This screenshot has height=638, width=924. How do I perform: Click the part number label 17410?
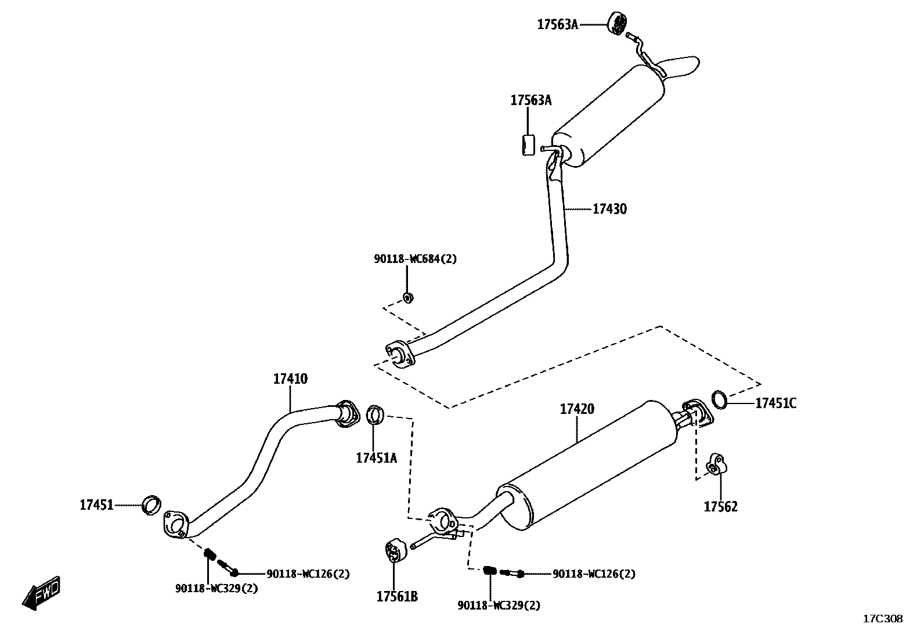tap(290, 379)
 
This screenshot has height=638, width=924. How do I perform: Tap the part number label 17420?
tap(577, 409)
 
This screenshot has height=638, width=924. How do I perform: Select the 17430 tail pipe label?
tap(609, 209)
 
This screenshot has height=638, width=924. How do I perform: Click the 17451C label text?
tap(775, 403)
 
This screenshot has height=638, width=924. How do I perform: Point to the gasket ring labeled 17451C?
tap(719, 399)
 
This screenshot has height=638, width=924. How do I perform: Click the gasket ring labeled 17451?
tap(151, 505)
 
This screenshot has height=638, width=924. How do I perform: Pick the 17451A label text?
tap(376, 458)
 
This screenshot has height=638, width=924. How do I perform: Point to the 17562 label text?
tap(720, 507)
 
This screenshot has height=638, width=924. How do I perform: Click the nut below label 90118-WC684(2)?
tap(408, 298)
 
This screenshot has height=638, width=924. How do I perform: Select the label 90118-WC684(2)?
tap(415, 259)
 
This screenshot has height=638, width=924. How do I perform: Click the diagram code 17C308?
tap(883, 619)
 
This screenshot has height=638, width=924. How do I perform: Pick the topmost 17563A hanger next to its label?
tap(618, 23)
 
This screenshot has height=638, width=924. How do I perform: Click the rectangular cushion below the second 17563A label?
tap(527, 145)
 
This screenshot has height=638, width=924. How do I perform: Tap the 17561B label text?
tap(397, 596)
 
